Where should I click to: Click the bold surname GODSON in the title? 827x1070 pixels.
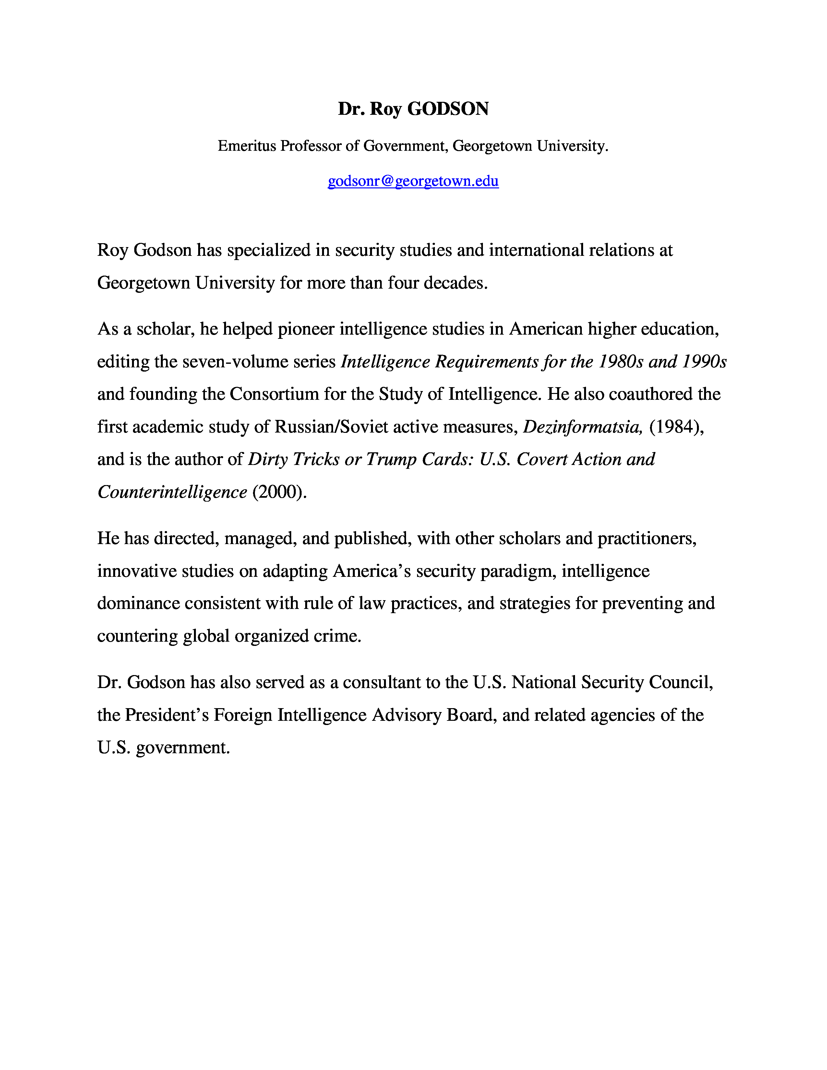448,109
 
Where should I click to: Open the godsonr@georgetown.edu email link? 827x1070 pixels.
413,181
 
